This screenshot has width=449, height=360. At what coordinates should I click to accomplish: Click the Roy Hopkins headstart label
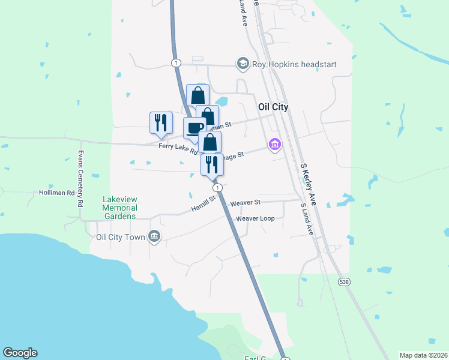coord(294,64)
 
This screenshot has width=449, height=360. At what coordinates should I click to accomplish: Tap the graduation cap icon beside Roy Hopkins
coord(243,64)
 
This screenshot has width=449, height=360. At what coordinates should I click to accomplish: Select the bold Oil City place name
coord(273,107)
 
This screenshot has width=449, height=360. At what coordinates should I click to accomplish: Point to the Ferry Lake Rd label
coord(178,147)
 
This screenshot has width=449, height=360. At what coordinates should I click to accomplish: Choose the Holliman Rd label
coord(56,193)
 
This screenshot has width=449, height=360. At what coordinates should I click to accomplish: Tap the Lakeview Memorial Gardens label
coord(119,208)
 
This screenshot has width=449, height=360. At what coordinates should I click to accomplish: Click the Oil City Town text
coord(121,237)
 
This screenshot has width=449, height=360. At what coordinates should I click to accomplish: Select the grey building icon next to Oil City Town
coord(154,236)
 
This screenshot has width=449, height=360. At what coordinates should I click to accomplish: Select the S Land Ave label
coord(306,218)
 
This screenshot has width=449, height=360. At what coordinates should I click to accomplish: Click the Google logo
coord(20,353)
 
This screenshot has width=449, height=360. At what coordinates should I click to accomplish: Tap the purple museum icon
coord(275,144)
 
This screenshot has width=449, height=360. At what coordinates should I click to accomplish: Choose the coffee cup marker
coord(194,128)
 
